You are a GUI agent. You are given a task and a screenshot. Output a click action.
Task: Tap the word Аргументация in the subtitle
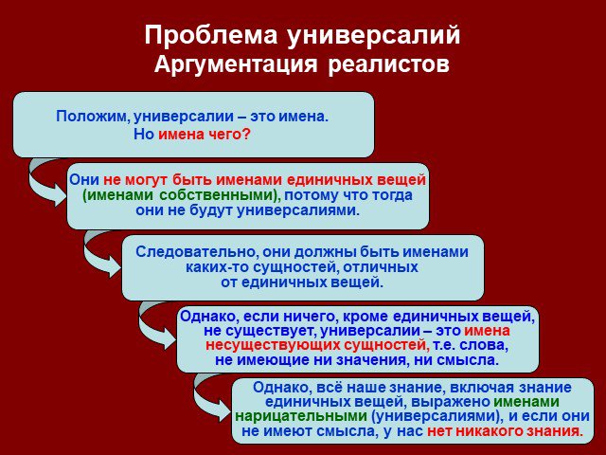[236, 64]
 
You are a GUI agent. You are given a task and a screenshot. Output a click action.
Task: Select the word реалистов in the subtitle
[389, 65]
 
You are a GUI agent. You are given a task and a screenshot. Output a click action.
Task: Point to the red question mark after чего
[246, 134]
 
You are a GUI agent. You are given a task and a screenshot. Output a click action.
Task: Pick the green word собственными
[217, 195]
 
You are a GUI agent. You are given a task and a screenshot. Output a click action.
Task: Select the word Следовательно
[197, 252]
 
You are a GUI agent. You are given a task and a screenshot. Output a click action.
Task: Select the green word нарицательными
[301, 416]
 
